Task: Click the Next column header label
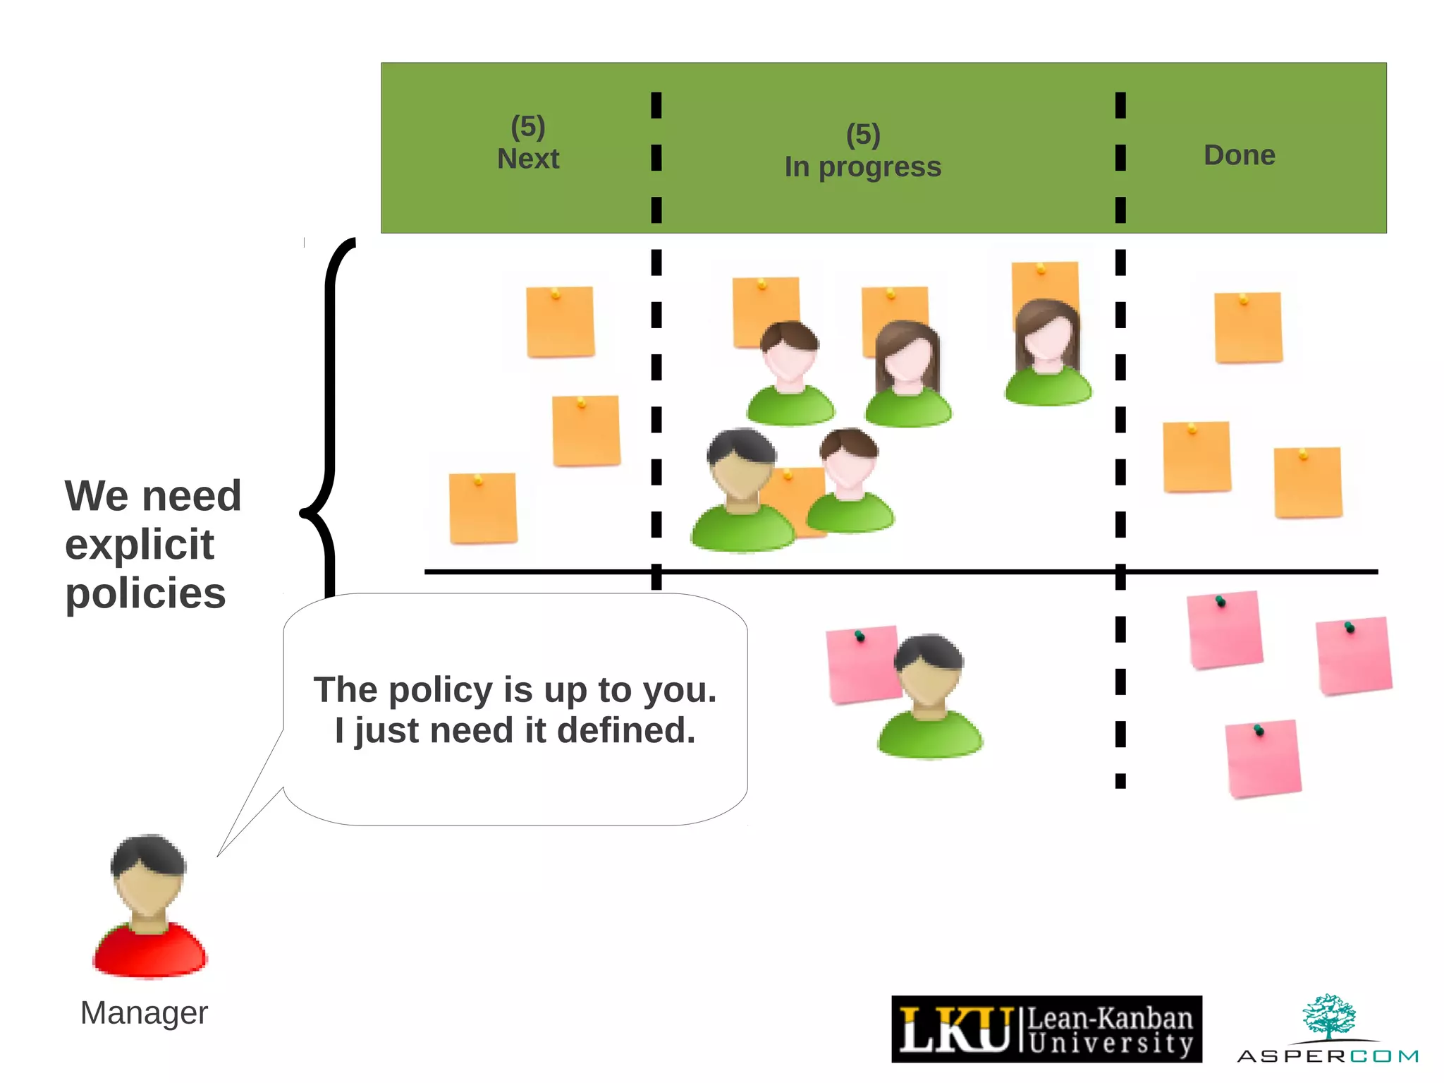(528, 159)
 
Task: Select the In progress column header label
(862, 167)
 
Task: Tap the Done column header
(1239, 155)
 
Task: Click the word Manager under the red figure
(144, 1013)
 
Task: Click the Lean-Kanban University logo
(1046, 1029)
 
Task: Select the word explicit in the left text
(139, 545)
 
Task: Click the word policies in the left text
(145, 593)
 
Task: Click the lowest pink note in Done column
(1263, 759)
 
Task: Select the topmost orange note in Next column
(560, 322)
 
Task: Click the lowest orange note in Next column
(483, 508)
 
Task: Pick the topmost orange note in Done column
(1248, 327)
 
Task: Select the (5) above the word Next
(527, 127)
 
